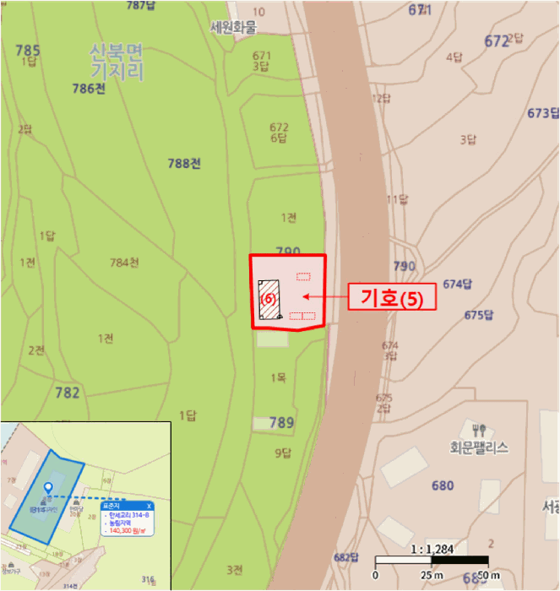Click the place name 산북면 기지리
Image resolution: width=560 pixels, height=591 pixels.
117,61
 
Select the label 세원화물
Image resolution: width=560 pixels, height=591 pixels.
233,27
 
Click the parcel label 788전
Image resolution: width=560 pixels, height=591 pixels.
184,163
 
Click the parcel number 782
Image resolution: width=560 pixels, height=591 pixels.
68,393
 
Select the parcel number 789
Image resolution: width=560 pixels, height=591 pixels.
281,422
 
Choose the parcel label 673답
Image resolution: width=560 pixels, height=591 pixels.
542,113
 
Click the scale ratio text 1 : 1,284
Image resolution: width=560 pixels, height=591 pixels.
430,549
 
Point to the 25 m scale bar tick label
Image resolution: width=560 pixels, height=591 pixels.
432,576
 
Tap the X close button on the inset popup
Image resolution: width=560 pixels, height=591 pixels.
149,505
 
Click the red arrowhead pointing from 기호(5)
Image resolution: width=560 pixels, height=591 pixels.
305,296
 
